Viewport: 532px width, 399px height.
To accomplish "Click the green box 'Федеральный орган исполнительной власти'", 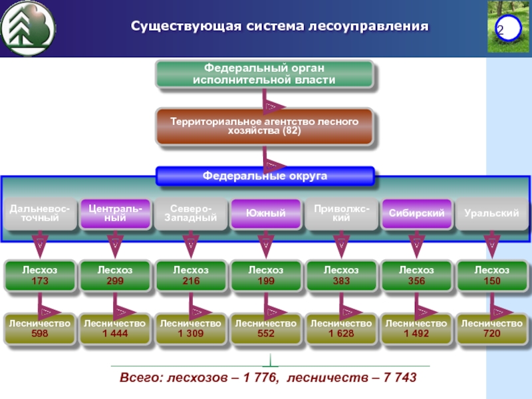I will click(x=265, y=74).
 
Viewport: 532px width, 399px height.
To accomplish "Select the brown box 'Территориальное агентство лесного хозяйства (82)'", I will click(x=265, y=126).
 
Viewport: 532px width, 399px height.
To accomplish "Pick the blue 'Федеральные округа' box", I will click(x=265, y=176).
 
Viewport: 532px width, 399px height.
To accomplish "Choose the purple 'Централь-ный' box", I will click(x=114, y=213).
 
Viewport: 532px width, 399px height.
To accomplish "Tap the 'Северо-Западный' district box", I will click(x=190, y=213).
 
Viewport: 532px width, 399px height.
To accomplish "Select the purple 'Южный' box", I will click(x=265, y=213).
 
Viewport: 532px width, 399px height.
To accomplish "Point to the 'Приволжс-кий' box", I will click(x=341, y=213).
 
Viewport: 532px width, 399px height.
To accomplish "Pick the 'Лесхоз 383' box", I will click(x=341, y=276).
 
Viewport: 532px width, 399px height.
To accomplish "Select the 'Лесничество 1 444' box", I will click(x=114, y=328).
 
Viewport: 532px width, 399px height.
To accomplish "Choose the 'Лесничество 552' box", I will click(x=265, y=328).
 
